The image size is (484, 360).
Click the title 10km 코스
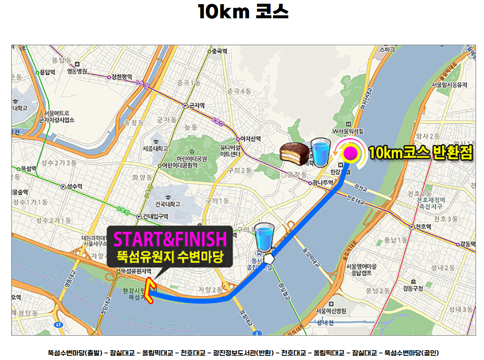pyautogui.click(x=243, y=12)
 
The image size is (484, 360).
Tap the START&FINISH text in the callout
pyautogui.click(x=170, y=239)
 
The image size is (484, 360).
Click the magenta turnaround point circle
pyautogui.click(x=350, y=152)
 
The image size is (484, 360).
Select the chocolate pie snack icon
pyautogui.click(x=294, y=154)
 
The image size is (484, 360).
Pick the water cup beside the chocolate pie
pyautogui.click(x=320, y=152)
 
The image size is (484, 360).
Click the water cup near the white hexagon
pyautogui.click(x=264, y=237)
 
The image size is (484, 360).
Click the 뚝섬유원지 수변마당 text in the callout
pyautogui.click(x=170, y=255)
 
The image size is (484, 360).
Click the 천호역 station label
pyautogui.click(x=423, y=227)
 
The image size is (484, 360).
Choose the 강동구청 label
pyautogui.click(x=414, y=288)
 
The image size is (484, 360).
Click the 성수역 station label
pyautogui.click(x=73, y=187)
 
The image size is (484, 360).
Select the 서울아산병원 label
pyautogui.click(x=331, y=311)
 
